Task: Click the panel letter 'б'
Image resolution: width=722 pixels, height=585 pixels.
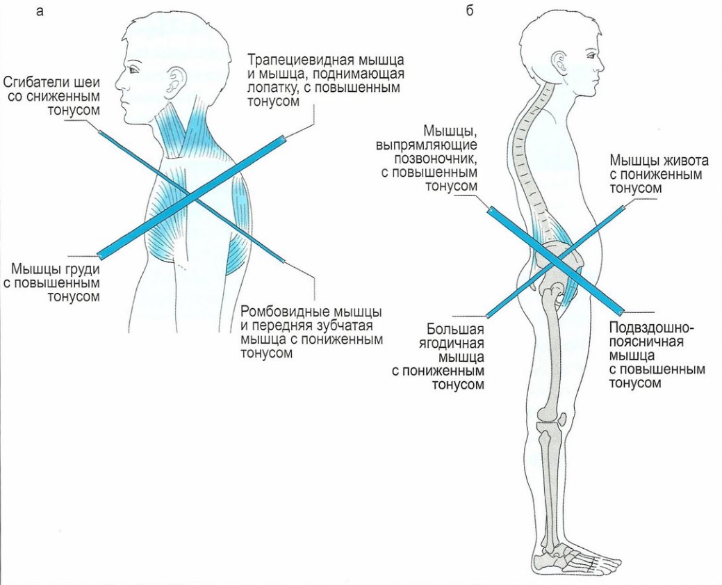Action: (x=470, y=12)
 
